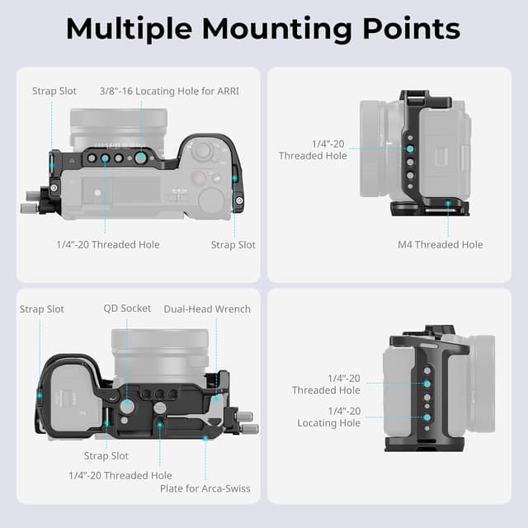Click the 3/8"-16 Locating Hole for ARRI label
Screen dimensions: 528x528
[169, 91]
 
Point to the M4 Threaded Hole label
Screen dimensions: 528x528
[440, 244]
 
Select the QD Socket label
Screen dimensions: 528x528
[127, 309]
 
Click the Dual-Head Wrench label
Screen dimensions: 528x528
[207, 309]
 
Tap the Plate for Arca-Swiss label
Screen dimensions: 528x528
[205, 488]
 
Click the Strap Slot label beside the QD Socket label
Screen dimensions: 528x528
[42, 309]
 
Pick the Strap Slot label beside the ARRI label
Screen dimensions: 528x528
[54, 91]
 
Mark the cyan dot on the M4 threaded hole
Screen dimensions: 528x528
[448, 202]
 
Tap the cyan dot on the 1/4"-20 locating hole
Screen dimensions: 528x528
[427, 417]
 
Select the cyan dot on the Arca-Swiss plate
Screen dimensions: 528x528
[205, 437]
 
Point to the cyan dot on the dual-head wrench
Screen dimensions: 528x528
[216, 398]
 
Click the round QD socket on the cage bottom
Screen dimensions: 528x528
[127, 406]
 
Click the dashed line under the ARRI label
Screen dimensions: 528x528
[141, 124]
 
